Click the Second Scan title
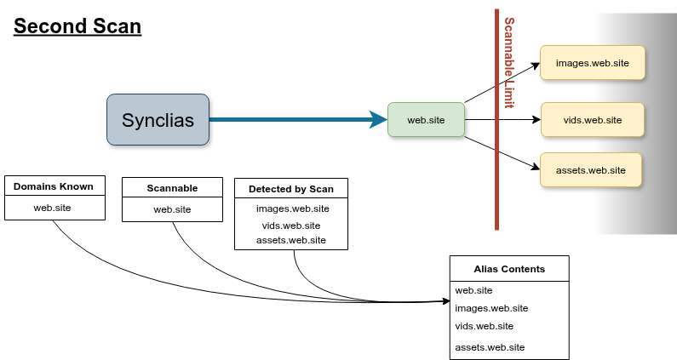77,26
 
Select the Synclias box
158,119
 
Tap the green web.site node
426,120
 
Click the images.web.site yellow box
591,64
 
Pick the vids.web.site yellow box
593,119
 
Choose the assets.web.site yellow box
590,170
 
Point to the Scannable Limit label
509,64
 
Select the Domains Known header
55,186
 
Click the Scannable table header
172,188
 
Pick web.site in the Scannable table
172,209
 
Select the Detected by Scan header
291,188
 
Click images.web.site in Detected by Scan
292,209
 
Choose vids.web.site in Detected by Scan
291,226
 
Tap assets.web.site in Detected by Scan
291,240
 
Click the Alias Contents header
509,268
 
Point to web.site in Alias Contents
473,290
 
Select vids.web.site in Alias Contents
485,326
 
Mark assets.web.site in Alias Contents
490,347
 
